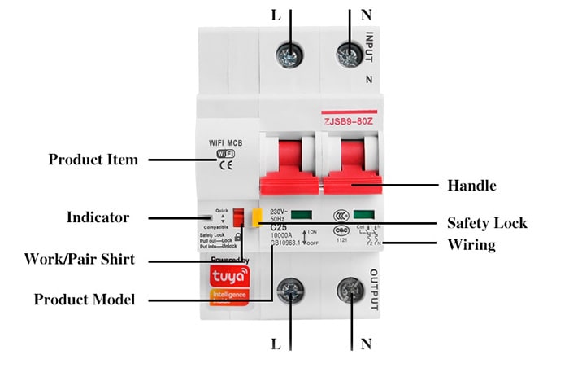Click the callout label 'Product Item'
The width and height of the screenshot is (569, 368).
point(93,160)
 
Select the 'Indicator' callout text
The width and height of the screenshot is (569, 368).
point(98,217)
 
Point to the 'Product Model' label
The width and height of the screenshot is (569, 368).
point(85,299)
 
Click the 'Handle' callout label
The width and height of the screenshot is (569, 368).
point(471,185)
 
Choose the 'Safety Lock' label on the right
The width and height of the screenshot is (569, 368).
point(487,222)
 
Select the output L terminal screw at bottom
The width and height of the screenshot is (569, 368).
point(290,291)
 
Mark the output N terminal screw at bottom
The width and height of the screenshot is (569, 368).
point(351,291)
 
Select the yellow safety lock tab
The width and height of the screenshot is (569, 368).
point(255,217)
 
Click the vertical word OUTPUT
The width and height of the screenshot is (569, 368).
point(374,290)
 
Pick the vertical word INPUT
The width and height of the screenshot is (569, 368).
point(371,46)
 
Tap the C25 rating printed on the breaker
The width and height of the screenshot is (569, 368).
point(278,228)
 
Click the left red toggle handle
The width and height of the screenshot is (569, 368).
point(289,163)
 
